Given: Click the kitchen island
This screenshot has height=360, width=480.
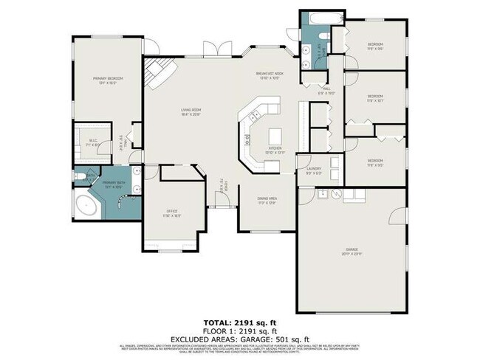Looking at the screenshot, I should coord(275,136).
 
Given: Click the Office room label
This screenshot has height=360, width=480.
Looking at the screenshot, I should coord(171,214).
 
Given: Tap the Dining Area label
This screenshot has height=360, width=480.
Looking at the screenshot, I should coord(267,199).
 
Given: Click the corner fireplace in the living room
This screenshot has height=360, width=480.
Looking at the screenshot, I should coord(157,73).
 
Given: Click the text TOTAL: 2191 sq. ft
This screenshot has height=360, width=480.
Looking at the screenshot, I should coord(239,322).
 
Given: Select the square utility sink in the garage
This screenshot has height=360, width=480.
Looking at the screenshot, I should coord(322,194).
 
